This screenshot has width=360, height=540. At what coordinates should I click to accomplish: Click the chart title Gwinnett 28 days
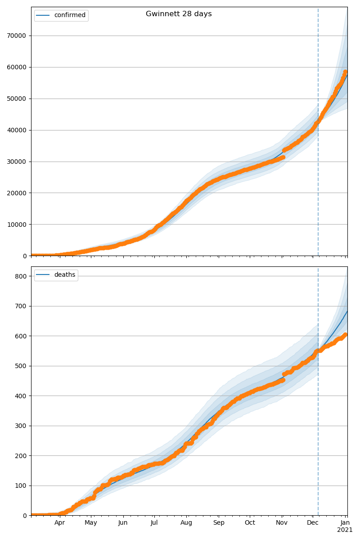(179, 14)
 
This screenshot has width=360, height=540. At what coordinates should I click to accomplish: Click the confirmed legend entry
(69, 15)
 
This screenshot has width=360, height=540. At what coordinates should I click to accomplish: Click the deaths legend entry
(64, 275)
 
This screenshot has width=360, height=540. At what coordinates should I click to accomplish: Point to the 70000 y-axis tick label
(16, 36)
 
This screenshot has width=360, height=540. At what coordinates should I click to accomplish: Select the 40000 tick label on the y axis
(16, 130)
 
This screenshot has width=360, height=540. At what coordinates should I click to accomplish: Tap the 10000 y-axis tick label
(16, 225)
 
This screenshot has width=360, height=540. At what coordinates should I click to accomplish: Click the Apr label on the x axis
(60, 523)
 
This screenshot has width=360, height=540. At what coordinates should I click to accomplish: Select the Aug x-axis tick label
(186, 523)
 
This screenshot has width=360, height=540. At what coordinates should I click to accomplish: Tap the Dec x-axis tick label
(313, 523)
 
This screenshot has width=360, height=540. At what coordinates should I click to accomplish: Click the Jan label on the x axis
(345, 523)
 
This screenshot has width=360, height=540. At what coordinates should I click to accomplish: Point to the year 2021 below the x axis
(345, 530)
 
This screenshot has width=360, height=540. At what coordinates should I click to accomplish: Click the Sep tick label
(218, 523)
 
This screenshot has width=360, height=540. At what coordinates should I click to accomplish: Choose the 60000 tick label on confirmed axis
(16, 67)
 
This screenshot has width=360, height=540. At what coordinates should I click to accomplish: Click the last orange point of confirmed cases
(345, 72)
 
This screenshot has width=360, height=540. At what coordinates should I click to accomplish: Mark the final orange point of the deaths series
(345, 335)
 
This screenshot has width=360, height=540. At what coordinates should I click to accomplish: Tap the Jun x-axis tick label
(123, 523)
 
